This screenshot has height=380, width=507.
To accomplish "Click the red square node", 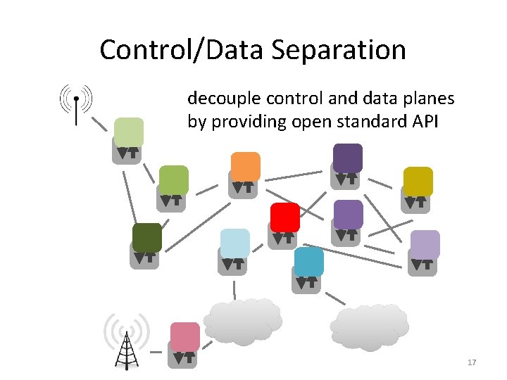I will pos(285,217).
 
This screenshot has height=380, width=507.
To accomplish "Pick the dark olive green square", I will pos(147,238).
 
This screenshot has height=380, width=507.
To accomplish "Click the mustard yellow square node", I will pos(418,182).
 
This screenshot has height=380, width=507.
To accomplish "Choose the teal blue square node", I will pos(309,262).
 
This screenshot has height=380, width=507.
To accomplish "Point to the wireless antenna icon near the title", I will pos(75,104).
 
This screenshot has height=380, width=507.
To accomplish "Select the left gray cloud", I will pos(242,321).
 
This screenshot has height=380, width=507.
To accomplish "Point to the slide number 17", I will pos(472,362).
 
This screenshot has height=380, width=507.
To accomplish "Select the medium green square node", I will pos(173,180).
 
